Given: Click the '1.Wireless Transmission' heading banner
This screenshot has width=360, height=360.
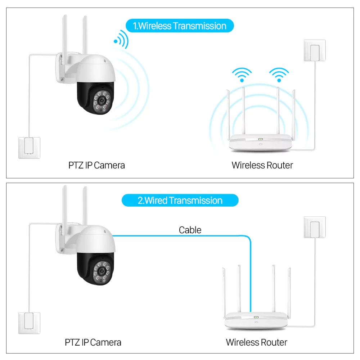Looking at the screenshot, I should (x=180, y=26).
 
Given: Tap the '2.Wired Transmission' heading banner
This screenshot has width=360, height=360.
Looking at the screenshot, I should (x=180, y=201).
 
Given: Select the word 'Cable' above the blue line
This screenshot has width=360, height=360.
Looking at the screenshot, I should (x=190, y=230).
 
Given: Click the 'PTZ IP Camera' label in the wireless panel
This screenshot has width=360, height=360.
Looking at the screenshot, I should (x=96, y=165).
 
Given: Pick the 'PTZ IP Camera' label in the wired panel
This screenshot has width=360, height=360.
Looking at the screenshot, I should (x=93, y=342).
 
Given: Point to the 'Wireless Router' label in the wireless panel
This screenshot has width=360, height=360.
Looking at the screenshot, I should (x=262, y=165).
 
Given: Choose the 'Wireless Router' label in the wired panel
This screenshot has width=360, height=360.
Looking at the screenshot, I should (x=256, y=342).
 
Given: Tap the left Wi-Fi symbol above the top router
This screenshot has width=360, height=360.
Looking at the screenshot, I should (x=242, y=75).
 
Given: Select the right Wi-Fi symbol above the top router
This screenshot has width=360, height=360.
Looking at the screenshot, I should (x=279, y=75).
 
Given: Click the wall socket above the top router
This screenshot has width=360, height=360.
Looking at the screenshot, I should (x=315, y=50).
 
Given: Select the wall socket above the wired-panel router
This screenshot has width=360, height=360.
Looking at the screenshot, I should (x=315, y=227).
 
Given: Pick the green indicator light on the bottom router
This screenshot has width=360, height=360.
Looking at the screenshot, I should (x=256, y=318).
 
